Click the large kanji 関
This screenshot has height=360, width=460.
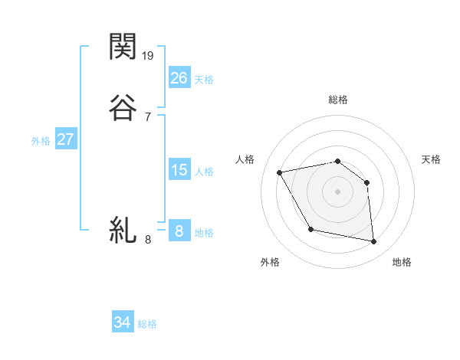click(x=123, y=47)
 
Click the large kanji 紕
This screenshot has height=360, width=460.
click(x=123, y=230)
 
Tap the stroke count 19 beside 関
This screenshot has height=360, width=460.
click(x=149, y=55)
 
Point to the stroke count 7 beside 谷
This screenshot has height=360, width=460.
click(x=147, y=116)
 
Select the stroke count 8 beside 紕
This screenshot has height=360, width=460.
click(x=147, y=240)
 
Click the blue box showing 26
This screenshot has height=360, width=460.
click(x=179, y=77)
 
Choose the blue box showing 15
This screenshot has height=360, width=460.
click(x=179, y=169)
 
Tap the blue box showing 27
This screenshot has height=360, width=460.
click(x=65, y=139)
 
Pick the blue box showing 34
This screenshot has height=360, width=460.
click(x=123, y=322)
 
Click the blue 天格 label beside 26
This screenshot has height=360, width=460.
click(x=204, y=79)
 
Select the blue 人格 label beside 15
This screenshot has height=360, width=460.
click(x=204, y=172)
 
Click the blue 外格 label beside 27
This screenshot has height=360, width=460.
click(x=41, y=141)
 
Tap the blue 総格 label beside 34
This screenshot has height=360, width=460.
click(x=147, y=324)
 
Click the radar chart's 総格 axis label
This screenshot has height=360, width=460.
click(x=338, y=100)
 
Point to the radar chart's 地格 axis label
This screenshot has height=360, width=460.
click(x=402, y=262)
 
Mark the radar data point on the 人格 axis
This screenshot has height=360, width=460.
click(x=280, y=172)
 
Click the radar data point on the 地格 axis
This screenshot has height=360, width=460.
click(x=373, y=242)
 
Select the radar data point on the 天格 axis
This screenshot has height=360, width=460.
click(x=366, y=182)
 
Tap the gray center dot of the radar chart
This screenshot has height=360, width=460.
click(x=338, y=191)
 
